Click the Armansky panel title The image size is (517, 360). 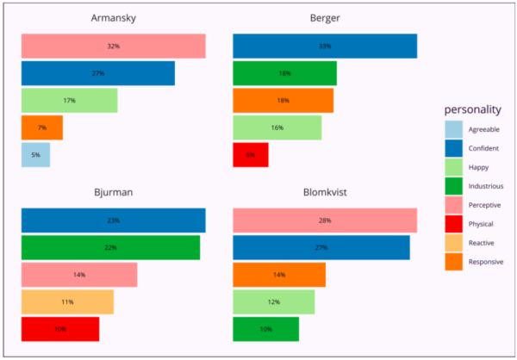click(113, 19)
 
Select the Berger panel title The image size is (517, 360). click(325, 19)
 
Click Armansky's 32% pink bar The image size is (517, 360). click(113, 47)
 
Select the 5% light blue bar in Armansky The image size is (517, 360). click(35, 155)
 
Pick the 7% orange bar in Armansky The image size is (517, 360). click(41, 127)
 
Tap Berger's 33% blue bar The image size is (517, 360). click(325, 47)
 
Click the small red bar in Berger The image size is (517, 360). click(250, 155)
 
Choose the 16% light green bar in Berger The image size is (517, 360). click(277, 127)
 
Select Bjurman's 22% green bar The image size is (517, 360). click(110, 248)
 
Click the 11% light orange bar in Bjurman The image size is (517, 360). click(67, 302)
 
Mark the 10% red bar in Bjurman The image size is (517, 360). click(60, 330)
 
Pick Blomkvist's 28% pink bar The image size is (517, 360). click(325, 220)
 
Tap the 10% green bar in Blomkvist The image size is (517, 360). click(265, 330)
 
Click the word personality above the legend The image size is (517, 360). click(473, 110)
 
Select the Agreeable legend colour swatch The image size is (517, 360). click(453, 130)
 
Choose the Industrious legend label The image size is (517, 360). click(486, 186)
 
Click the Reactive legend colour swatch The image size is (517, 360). click(453, 243)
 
